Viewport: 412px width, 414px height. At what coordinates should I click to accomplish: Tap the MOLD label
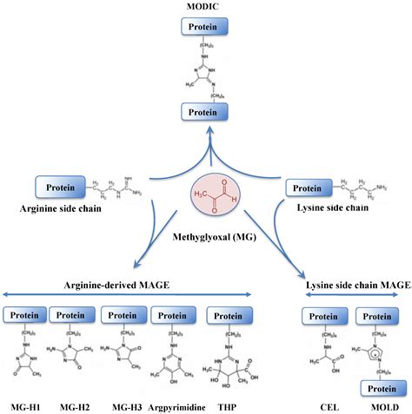(375, 404)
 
